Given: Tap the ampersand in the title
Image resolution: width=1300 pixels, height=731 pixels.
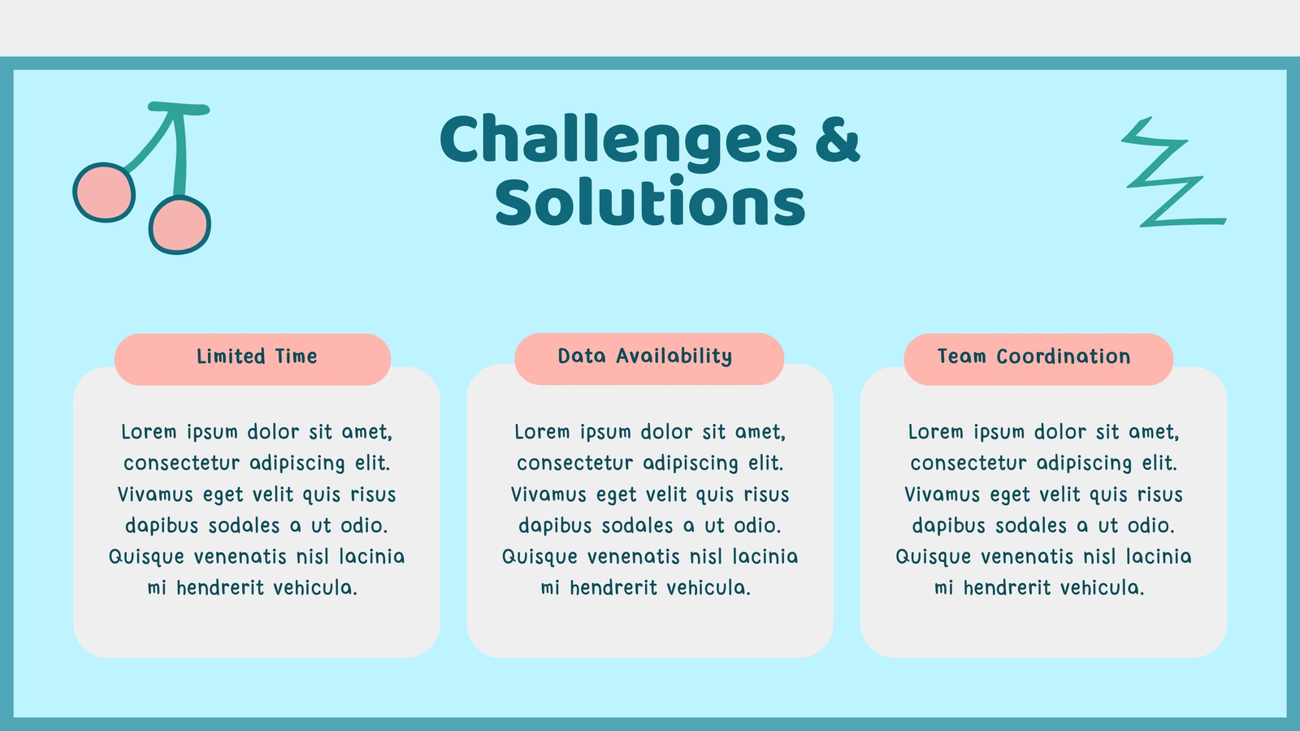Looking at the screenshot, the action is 838,139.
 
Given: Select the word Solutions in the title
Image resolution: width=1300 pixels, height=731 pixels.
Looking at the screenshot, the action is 650,202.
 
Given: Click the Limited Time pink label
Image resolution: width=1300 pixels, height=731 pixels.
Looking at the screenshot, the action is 253,359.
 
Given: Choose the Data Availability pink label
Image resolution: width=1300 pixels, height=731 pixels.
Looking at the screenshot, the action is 649,358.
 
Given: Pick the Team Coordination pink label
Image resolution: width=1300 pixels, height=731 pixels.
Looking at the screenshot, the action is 1038,359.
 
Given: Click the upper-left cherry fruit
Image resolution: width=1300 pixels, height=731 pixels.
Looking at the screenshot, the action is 104,192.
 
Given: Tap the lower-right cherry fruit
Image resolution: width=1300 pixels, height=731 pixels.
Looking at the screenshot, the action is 180,224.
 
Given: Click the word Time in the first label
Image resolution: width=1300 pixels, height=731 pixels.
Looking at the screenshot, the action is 296,357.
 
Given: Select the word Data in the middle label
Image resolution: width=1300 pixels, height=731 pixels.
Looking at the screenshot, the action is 582,357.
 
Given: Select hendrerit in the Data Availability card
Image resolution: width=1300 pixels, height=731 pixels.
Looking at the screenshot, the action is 613,588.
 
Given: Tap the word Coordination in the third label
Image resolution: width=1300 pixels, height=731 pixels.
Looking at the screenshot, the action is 1064,357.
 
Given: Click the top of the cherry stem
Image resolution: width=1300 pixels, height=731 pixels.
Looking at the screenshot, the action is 178,108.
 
